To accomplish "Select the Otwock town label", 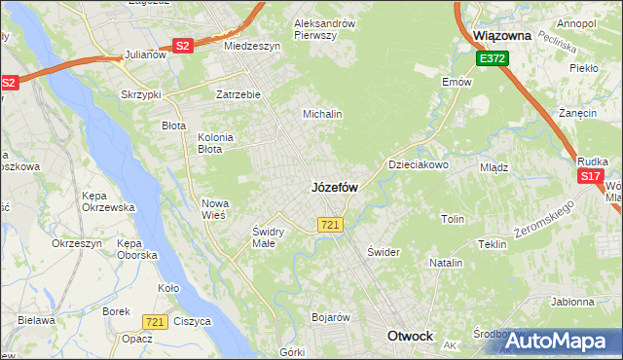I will (x=410, y=336).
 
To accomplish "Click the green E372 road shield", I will (x=492, y=59).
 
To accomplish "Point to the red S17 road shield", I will (x=590, y=176).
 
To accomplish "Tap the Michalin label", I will (x=322, y=114).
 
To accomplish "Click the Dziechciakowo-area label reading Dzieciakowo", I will (x=419, y=165).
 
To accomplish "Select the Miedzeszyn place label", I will (x=251, y=46).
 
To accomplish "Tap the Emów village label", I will (x=457, y=82).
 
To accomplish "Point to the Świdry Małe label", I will (x=267, y=237).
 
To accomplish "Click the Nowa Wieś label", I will (x=213, y=208).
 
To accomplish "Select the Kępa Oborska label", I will (x=137, y=248).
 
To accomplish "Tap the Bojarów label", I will (x=330, y=317).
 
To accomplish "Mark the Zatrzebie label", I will (x=238, y=95).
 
